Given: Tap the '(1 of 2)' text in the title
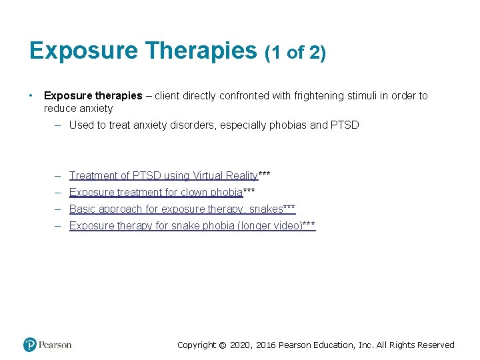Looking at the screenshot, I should point(295,53).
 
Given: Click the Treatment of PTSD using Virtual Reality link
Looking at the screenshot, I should point(163,175).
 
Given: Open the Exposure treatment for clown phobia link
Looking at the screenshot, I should point(156,192).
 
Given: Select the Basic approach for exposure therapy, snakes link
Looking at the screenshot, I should point(176,209).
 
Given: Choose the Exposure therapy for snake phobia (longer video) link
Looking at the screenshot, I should point(185,225).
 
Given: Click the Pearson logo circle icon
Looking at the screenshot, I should point(30,345).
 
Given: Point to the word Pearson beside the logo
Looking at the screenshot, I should point(55,345).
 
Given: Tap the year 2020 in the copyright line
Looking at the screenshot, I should point(241,345).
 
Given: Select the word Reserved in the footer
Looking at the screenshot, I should point(434,345).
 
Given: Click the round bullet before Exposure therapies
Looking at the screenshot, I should point(31,95).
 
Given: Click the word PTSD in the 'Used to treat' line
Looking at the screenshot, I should point(345,125).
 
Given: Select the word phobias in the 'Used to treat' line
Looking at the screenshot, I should point(287,125).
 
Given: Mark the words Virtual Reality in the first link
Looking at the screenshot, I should point(225,175).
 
